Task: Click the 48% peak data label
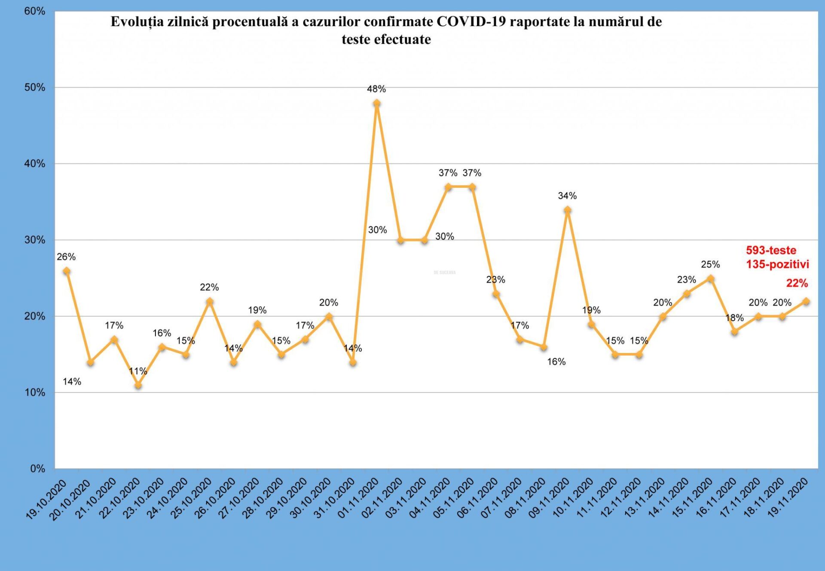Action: click(376, 89)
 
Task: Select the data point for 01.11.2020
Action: click(377, 103)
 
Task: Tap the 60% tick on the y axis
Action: click(34, 11)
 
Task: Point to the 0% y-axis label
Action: click(37, 469)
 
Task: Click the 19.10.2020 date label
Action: click(46, 499)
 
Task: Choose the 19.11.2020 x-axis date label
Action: click(788, 499)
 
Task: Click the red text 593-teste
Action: click(771, 250)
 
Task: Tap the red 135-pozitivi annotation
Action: click(777, 264)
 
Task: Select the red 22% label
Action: click(797, 283)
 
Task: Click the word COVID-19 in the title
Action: click(471, 21)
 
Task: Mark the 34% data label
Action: click(567, 196)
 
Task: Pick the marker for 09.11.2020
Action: click(568, 210)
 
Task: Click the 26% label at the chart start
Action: click(66, 257)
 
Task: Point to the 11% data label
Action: click(138, 371)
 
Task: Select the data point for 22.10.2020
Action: click(138, 385)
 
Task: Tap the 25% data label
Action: click(710, 264)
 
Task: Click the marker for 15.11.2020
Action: click(711, 279)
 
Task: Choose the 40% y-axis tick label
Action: click(34, 164)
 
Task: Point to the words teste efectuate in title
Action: click(386, 40)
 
